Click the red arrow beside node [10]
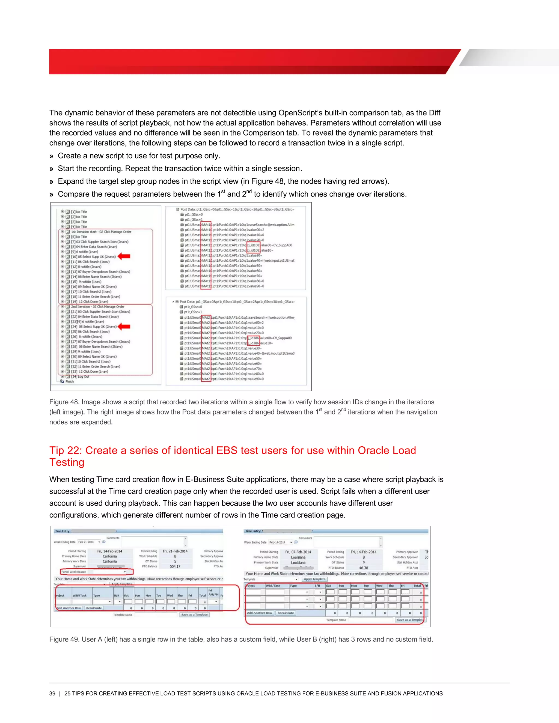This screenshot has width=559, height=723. pyautogui.click(x=124, y=256)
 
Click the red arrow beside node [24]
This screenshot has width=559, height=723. pyautogui.click(x=124, y=326)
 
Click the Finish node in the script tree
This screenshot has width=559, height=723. pyautogui.click(x=69, y=381)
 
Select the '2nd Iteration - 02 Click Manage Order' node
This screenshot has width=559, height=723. pyautogui.click(x=98, y=307)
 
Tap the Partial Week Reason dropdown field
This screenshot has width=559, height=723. pyautogui.click(x=109, y=572)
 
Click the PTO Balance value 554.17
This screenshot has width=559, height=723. pyautogui.click(x=175, y=566)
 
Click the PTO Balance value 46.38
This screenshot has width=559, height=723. pyautogui.click(x=363, y=568)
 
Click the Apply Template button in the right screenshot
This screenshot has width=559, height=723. pyautogui.click(x=314, y=579)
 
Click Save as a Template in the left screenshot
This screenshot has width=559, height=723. pyautogui.click(x=194, y=614)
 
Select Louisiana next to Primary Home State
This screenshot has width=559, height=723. pyautogui.click(x=298, y=557)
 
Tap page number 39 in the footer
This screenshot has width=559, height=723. pyautogui.click(x=52, y=694)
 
